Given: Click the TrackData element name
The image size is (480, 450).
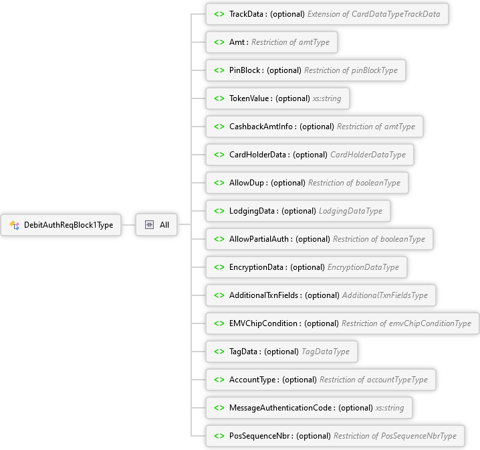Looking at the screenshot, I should coord(247,14).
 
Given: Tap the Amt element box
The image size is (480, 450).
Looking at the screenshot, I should coord(271,42).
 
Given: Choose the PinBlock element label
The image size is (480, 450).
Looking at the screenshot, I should coord(245,70).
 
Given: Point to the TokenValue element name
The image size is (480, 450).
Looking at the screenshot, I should coord(249,98).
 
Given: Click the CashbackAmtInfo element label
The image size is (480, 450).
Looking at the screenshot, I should coord(262,127).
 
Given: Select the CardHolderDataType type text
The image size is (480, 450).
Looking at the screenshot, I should coord(368,155).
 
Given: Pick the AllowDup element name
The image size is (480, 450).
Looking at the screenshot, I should coord(248,183).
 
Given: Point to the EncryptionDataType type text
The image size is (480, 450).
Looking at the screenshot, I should coord(363,267).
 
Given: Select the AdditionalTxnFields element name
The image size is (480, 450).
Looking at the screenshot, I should coord(265,295).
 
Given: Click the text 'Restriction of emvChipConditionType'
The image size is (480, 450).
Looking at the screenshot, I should coord(406,323).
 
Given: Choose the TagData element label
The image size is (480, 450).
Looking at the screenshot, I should coord(244,352).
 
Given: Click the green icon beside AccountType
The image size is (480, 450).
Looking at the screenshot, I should coord(219,380).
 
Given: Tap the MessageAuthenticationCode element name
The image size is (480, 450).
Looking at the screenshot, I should coord(281,408).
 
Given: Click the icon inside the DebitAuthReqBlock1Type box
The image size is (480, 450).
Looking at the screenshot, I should coord(14,225).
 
